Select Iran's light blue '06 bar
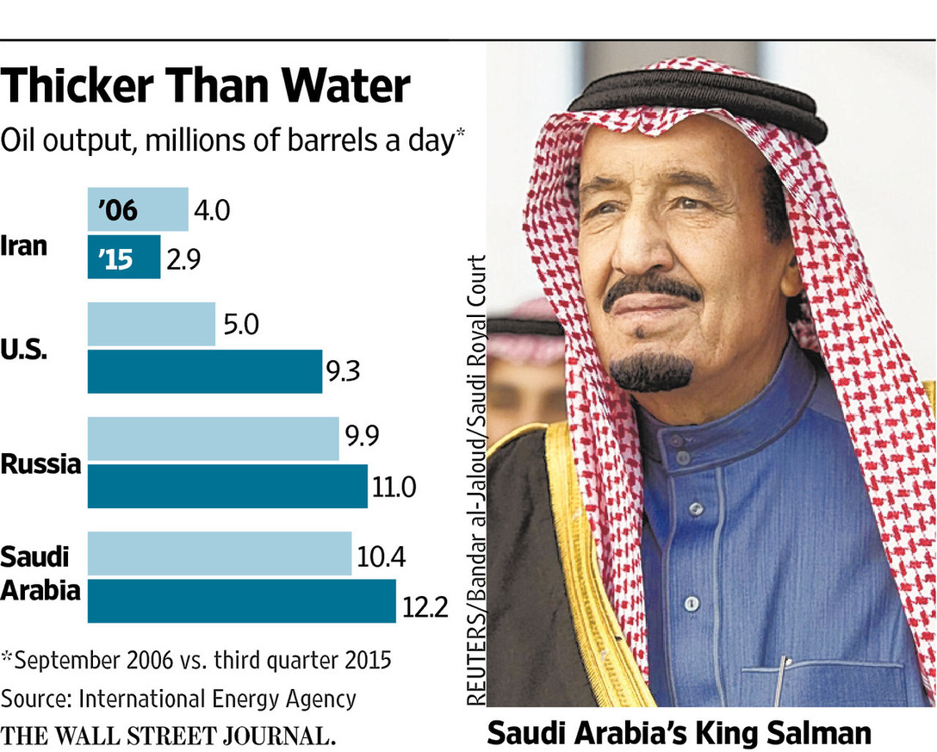point(138,210)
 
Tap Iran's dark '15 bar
point(124,258)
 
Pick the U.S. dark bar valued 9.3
point(205,371)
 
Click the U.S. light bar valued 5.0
point(152,324)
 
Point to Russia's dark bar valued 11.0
point(227,487)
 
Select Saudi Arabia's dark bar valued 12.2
point(242,600)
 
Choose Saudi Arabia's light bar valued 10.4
point(220,554)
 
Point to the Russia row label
point(40,464)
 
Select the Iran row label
point(23,246)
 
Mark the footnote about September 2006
point(196,661)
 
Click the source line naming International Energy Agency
point(179,698)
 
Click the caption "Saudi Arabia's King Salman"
point(679,732)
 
